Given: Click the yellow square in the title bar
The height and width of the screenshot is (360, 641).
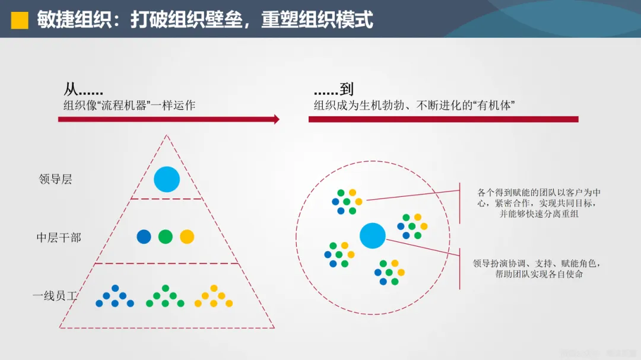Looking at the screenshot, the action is click(x=20, y=20).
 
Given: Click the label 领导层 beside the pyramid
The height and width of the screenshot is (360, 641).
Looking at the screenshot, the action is click(x=55, y=179).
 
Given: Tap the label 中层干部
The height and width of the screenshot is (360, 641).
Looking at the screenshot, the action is click(x=59, y=238).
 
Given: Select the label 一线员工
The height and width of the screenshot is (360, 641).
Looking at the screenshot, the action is click(x=55, y=295).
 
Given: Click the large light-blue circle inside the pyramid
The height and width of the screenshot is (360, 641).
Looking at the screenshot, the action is click(x=167, y=180).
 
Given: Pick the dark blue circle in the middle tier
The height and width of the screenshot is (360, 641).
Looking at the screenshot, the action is click(x=144, y=237).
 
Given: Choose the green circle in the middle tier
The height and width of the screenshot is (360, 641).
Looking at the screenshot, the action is click(x=166, y=237).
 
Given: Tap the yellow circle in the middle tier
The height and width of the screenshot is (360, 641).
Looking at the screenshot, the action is click(x=187, y=237).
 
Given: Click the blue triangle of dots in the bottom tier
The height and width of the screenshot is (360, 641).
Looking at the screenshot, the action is click(x=115, y=297).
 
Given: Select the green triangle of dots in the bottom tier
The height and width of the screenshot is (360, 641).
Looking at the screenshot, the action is click(x=165, y=297).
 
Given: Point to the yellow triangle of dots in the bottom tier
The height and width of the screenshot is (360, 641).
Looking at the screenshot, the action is click(x=214, y=297).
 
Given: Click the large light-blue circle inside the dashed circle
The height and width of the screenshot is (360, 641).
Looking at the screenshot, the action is click(x=373, y=235).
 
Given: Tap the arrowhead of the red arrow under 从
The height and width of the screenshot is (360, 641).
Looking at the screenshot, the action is click(x=276, y=119).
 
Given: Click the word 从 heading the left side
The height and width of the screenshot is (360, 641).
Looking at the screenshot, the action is click(x=71, y=90).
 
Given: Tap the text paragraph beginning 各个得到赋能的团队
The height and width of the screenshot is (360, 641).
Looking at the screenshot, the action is click(x=539, y=203).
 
